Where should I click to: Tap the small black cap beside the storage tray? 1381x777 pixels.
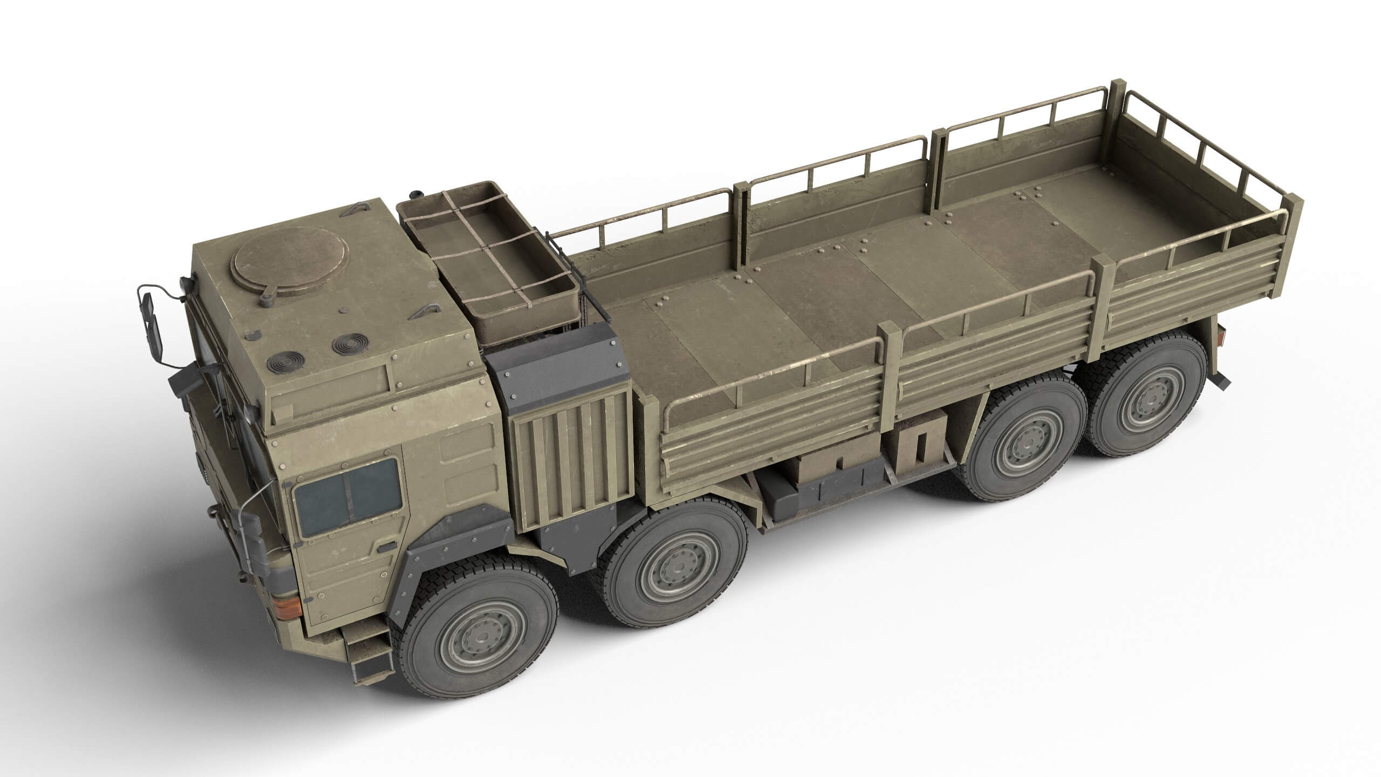click(415, 193)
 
